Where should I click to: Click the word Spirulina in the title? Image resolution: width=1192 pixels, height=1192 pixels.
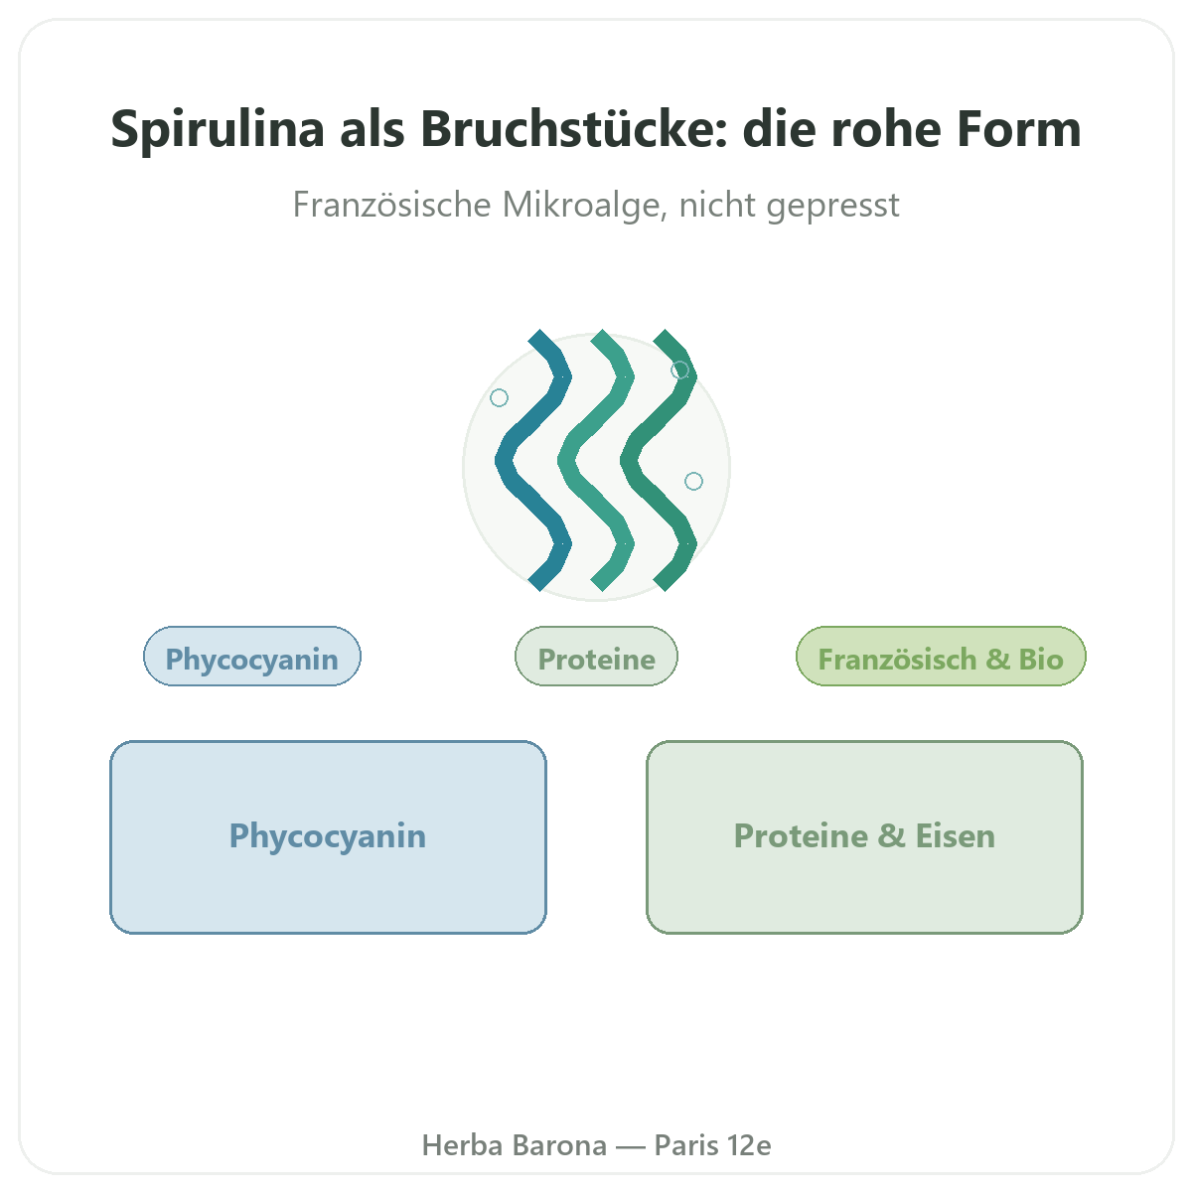[218, 129]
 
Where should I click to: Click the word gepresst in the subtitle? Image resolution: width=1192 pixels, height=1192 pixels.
[832, 206]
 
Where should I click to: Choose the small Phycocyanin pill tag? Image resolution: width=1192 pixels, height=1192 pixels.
[251, 656]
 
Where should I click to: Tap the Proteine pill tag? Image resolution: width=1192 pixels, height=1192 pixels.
[596, 656]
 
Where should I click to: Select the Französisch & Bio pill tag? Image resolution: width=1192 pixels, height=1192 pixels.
[941, 656]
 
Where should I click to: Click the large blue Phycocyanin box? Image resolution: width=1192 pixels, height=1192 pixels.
[328, 837]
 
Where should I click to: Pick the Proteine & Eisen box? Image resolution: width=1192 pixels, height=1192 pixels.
[864, 837]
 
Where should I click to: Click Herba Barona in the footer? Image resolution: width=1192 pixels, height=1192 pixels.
[514, 1145]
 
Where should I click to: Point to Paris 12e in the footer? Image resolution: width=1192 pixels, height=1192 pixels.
[712, 1145]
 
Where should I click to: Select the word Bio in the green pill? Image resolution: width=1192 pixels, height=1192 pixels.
[1041, 659]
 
